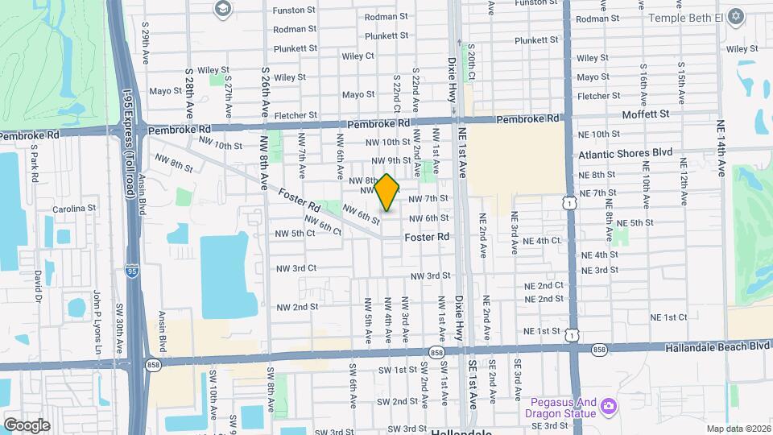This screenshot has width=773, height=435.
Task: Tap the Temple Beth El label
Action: tap(684, 16)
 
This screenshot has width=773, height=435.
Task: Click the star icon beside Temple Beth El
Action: tap(735, 16)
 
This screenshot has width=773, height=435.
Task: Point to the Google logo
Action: tap(27, 425)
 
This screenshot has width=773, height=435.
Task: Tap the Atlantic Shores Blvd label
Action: tap(625, 153)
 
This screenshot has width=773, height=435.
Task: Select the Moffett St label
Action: tap(646, 114)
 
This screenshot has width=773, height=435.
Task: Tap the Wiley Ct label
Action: tap(358, 56)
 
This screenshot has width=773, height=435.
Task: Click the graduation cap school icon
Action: tap(222, 10)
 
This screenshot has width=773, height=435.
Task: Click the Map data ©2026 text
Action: tap(738, 429)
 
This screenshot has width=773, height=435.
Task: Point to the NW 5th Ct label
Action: tap(295, 234)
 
